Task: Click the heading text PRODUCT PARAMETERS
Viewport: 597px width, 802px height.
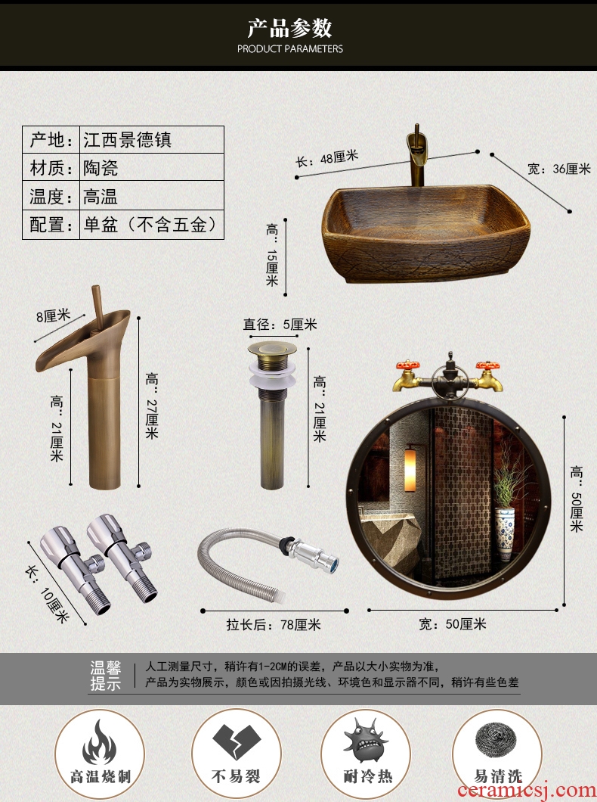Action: click(290, 49)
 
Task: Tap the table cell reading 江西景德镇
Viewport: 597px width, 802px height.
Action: click(128, 140)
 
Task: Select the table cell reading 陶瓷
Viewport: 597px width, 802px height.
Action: click(101, 168)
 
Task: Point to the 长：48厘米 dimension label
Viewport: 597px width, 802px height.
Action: click(327, 158)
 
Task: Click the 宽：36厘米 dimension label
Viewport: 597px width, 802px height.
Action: click(559, 169)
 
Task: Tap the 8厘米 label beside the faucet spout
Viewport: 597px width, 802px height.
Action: click(53, 316)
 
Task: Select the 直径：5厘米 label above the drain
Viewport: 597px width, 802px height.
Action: click(280, 325)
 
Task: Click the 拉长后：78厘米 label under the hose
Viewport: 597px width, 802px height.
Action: click(274, 624)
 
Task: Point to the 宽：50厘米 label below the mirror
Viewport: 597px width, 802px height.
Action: click(453, 624)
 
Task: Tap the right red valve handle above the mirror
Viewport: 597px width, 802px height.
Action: click(487, 365)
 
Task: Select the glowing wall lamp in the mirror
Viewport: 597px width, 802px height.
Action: click(410, 470)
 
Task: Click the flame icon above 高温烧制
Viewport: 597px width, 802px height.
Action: click(99, 741)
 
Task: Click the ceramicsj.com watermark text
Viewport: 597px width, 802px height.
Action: click(526, 790)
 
